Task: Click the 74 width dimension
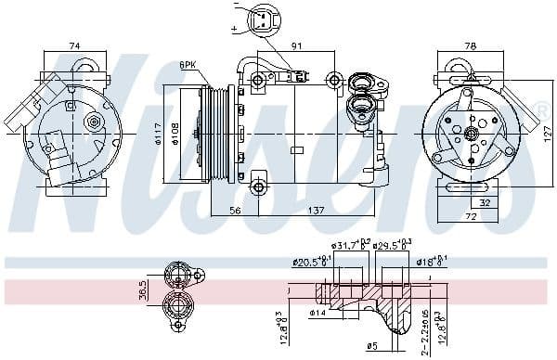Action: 75,45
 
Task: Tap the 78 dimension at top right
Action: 470,45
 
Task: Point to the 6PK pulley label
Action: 189,65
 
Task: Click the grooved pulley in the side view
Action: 215,135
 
